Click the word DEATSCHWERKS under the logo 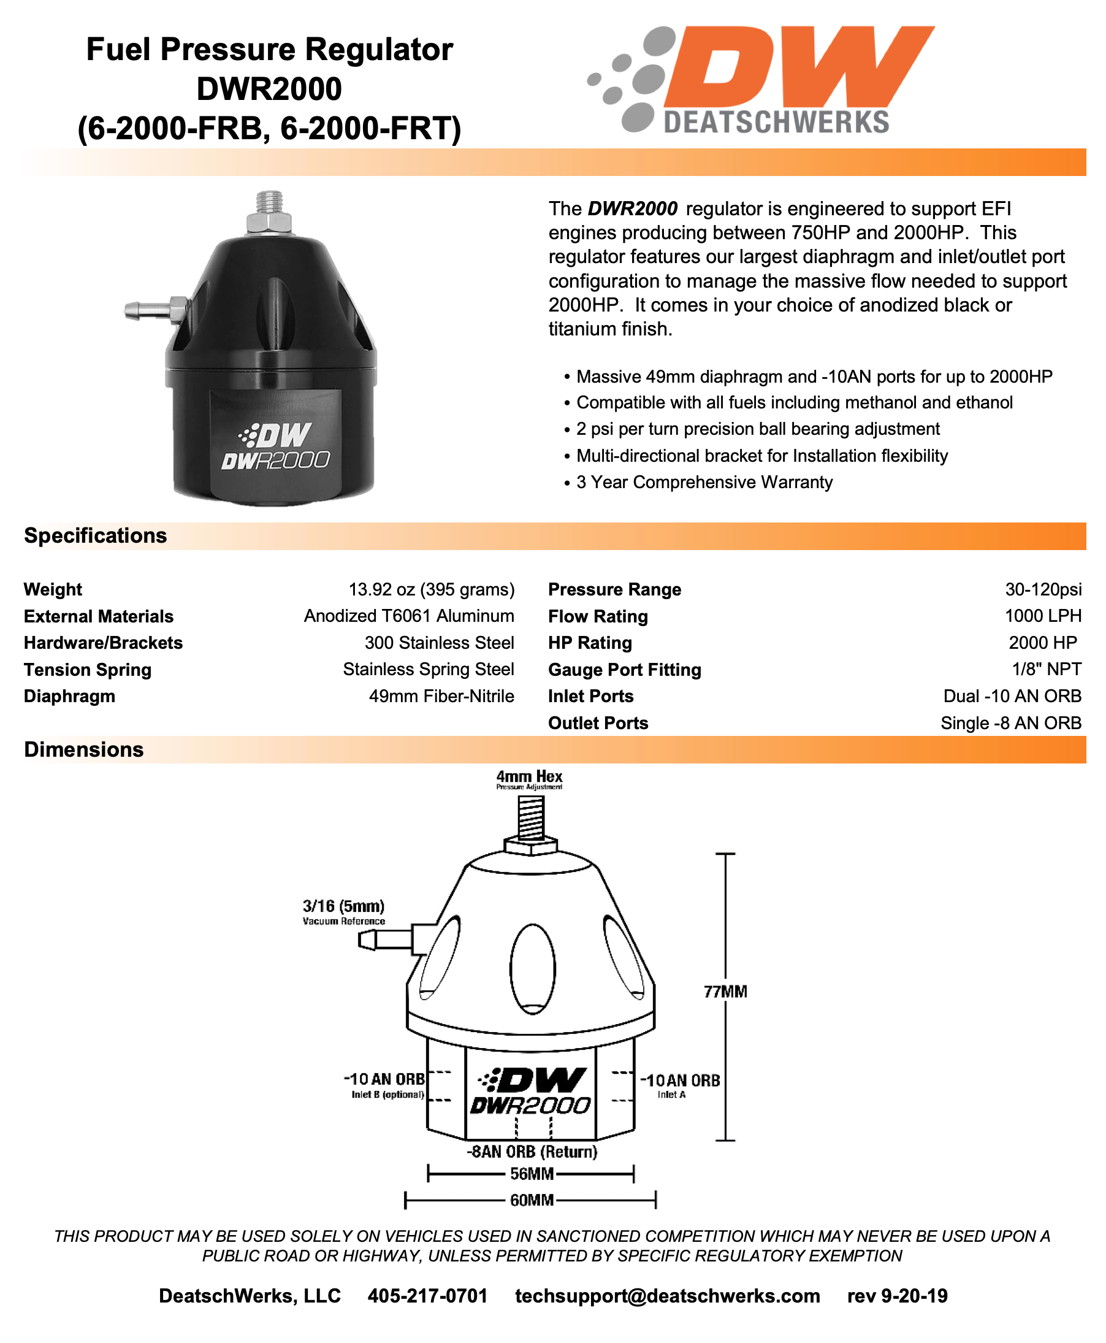pos(776,122)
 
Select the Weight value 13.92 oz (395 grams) pos(432,589)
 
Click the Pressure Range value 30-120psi pos(1043,589)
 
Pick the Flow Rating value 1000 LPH pos(1043,616)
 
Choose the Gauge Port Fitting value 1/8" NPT pos(1046,669)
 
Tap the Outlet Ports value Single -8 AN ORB pos(1010,723)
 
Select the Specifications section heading pos(96,536)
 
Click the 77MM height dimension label pos(725,992)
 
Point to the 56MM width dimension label pos(532,1174)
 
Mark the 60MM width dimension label pos(532,1200)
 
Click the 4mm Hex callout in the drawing pos(529,776)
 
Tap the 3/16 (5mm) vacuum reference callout pos(343,906)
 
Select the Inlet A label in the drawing pos(671,1095)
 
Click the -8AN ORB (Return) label pos(532,1151)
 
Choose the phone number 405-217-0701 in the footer pos(427,1296)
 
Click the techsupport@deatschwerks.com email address pos(667,1296)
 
